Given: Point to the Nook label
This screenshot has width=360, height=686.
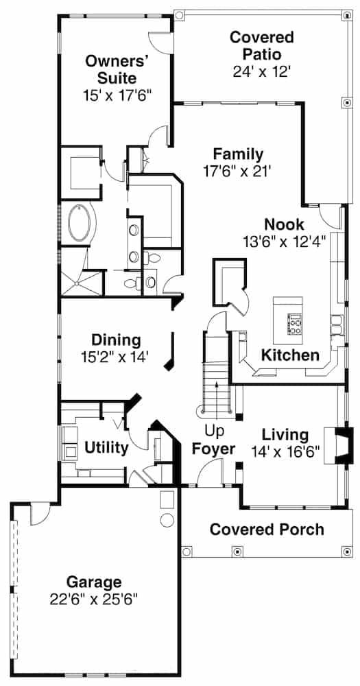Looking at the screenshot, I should coord(284,224).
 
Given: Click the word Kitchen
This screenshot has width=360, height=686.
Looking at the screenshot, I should coord(289,355).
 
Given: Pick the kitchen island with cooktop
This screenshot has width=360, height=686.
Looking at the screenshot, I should coord(288,320).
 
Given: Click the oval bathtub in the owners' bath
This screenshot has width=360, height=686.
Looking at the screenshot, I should coord(80,223).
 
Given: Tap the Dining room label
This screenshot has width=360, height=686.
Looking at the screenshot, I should coord(116,340).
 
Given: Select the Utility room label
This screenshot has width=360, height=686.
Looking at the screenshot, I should coord(106,448).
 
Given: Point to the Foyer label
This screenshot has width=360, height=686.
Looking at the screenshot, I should coord(213,450).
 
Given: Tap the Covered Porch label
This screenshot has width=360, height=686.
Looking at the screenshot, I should coord(267,529).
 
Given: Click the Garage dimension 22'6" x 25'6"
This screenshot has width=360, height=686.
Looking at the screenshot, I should coord(94,598).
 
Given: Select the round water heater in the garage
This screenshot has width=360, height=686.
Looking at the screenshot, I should coord(167,519).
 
